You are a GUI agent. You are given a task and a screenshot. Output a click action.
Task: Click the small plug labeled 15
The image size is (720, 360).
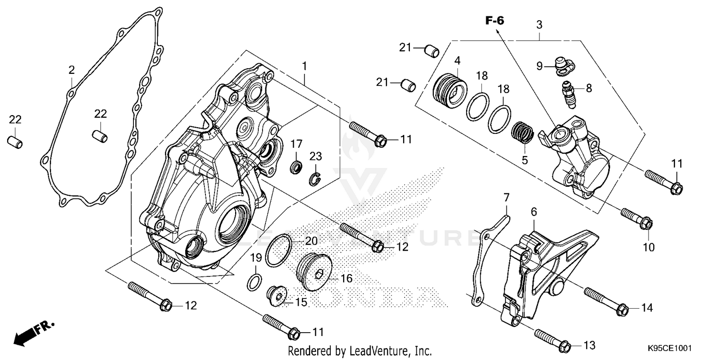click(x=277, y=295)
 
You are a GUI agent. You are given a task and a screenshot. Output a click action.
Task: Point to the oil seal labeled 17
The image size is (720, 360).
click(x=297, y=168)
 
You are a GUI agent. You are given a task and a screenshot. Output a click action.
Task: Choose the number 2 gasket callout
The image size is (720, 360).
click(x=72, y=70)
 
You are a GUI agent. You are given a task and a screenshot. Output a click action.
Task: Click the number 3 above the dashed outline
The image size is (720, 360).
click(x=540, y=24)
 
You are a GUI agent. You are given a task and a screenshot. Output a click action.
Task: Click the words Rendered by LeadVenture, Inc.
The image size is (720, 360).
click(x=360, y=351)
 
